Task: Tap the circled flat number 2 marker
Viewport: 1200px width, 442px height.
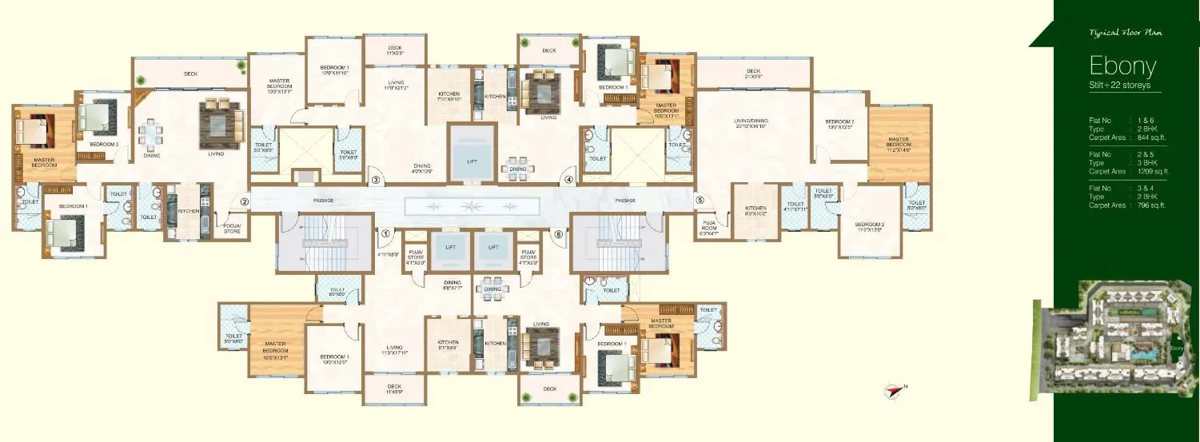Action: tap(245, 202)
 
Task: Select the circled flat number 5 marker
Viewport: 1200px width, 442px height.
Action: tap(699, 201)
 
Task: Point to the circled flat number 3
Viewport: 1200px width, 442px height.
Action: tap(375, 181)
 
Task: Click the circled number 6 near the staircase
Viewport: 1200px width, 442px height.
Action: tap(558, 234)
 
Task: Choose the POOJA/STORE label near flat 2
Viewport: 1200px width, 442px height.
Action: tap(232, 229)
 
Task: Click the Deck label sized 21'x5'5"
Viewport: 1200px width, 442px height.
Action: tap(753, 73)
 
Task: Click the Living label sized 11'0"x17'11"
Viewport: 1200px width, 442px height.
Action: tap(394, 349)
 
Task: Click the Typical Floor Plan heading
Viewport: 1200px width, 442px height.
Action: tap(1125, 34)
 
